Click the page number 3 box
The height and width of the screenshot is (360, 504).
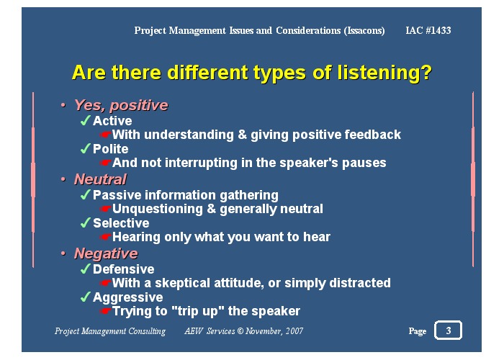coord(449,330)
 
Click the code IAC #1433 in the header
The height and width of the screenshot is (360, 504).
coord(428,30)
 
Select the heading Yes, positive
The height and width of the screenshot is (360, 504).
coord(120,106)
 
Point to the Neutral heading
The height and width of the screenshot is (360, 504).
coord(100,179)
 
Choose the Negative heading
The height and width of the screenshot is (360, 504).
coord(105,253)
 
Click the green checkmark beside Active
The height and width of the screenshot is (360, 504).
coord(85,121)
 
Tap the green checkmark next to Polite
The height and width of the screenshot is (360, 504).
coord(85,149)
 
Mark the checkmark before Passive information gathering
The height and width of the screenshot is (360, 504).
coord(85,195)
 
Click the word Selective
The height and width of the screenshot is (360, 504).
coord(121,223)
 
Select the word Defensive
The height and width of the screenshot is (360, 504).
coord(123,269)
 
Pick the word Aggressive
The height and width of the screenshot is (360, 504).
coord(127,297)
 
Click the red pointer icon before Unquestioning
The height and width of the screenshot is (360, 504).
coord(105,210)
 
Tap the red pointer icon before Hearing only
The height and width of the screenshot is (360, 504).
coord(105,238)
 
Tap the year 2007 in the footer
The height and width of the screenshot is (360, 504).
coord(293,331)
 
